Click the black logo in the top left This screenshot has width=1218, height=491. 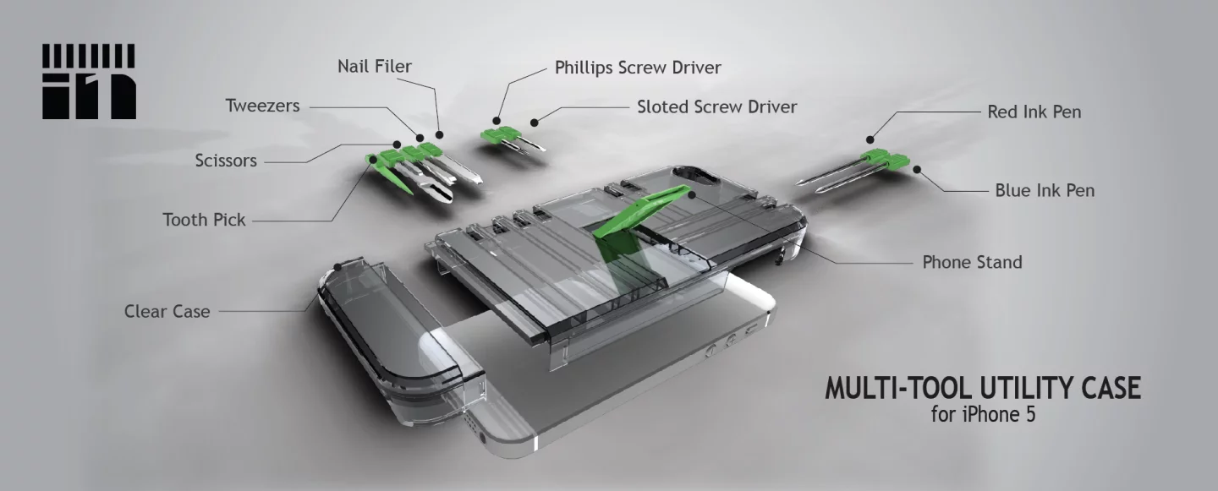(x=89, y=81)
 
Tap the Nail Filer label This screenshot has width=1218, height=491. (x=375, y=66)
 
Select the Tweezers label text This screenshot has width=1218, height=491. (x=262, y=106)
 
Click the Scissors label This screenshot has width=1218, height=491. (x=226, y=160)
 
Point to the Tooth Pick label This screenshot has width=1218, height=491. (x=204, y=220)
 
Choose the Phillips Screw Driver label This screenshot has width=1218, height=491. (x=638, y=67)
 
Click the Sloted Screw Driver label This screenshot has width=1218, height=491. (x=716, y=106)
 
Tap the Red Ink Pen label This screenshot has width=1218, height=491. (x=1034, y=112)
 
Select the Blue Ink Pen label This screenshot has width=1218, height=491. (x=1045, y=190)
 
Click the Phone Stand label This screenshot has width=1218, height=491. (x=972, y=262)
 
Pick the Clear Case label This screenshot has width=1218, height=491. (x=167, y=311)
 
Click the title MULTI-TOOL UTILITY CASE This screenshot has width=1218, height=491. (x=983, y=389)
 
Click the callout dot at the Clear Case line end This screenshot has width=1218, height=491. (x=338, y=266)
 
